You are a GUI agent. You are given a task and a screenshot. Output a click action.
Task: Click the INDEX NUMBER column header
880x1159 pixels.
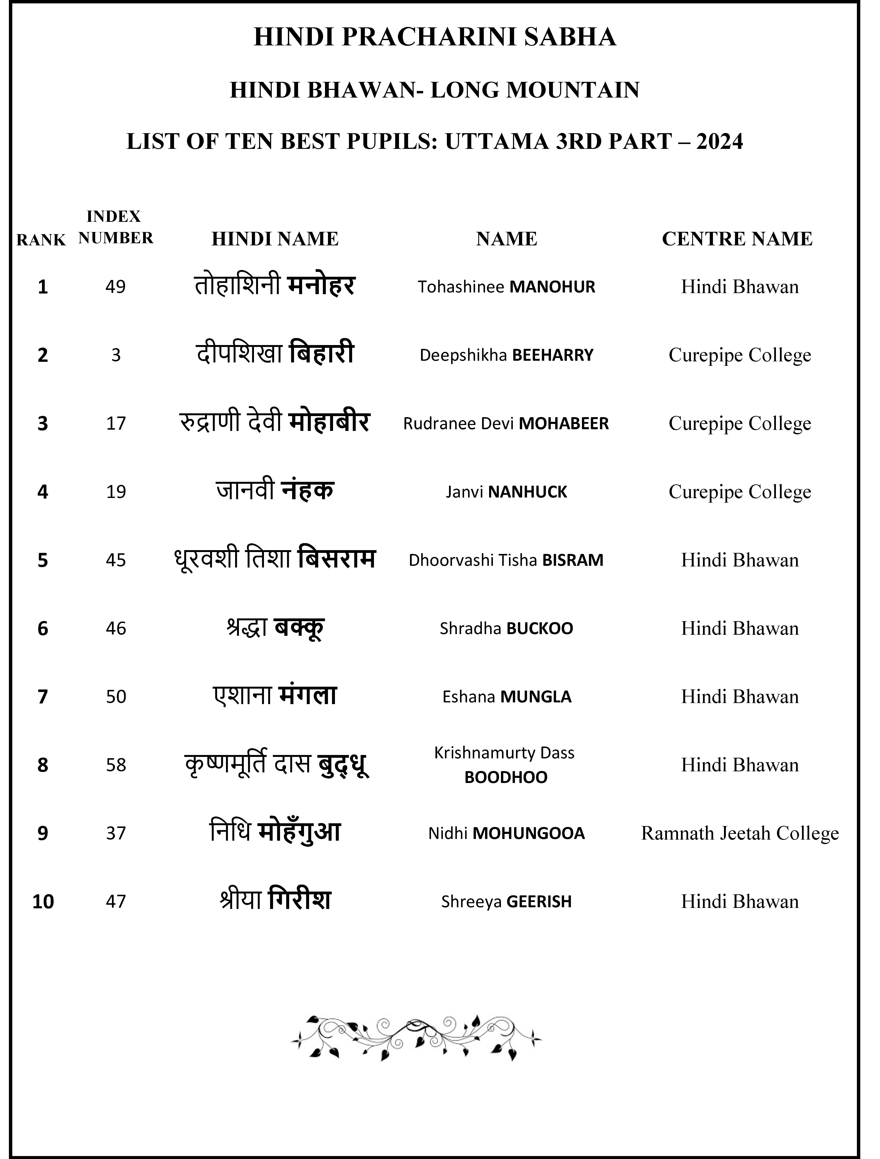(116, 227)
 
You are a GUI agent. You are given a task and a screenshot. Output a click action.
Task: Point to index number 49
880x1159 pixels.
(116, 287)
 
